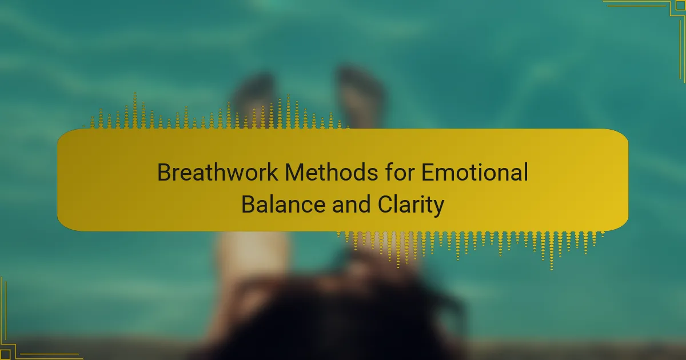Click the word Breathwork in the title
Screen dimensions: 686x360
(217, 172)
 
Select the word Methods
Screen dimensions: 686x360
(332, 172)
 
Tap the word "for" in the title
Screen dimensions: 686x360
(400, 172)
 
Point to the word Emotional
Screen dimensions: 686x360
(474, 172)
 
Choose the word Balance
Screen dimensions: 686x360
(284, 205)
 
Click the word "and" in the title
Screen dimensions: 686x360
(351, 205)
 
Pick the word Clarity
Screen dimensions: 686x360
(410, 205)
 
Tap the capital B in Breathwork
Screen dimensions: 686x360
(165, 172)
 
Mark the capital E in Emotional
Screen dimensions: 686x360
(429, 172)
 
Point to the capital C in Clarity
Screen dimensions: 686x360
(385, 205)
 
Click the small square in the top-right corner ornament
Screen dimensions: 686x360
(680, 6)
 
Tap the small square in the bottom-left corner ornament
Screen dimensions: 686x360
(6, 354)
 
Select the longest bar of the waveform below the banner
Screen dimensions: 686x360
(552, 251)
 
